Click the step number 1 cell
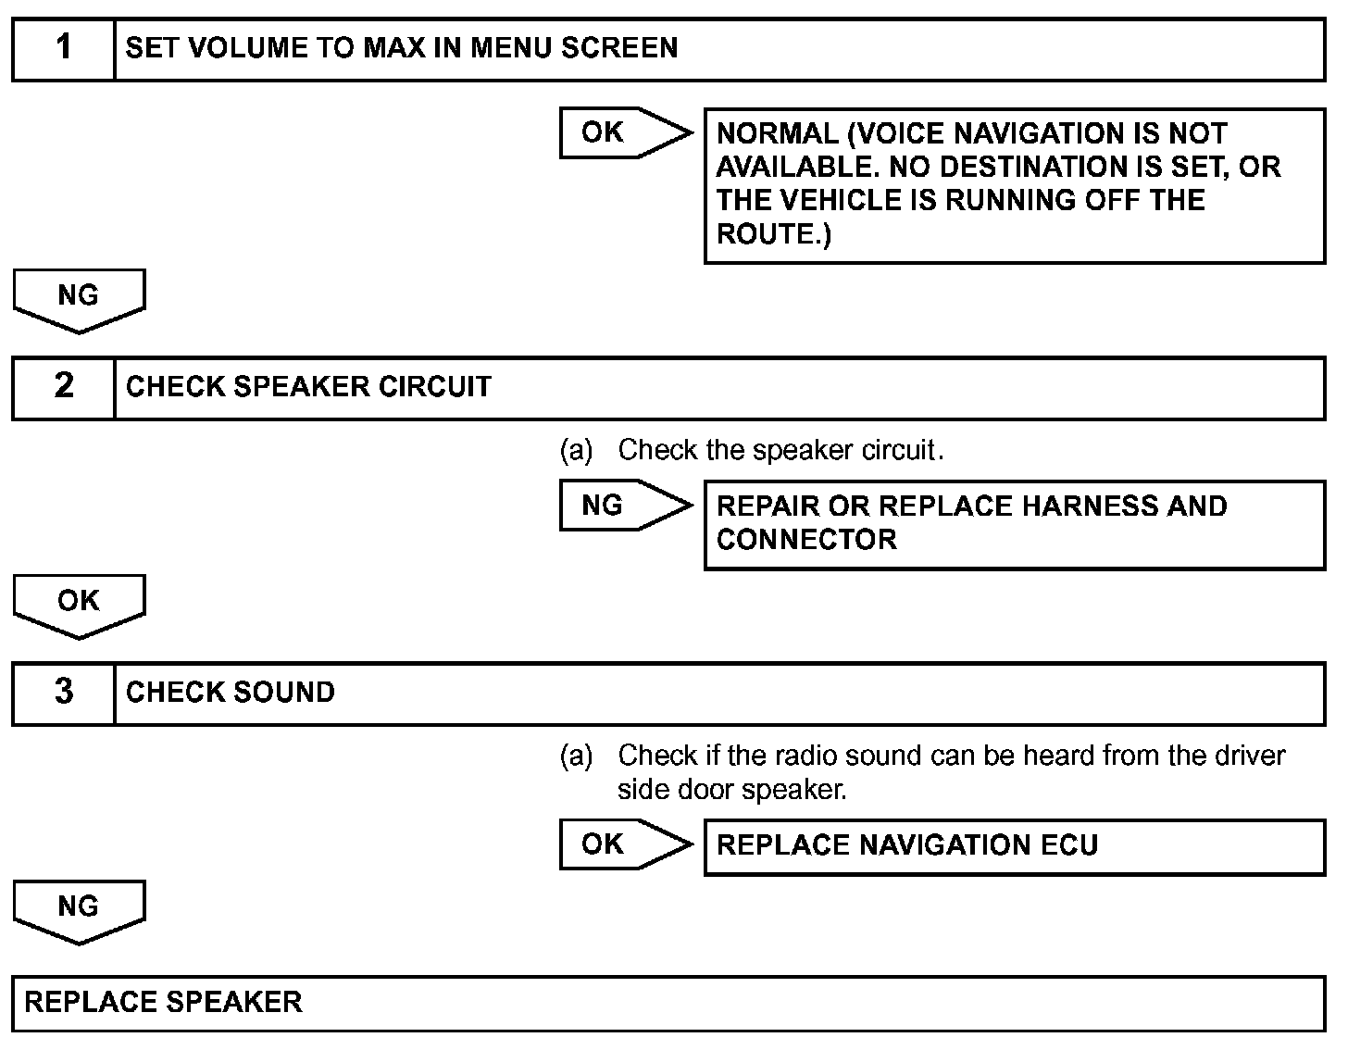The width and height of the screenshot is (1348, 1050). tap(63, 48)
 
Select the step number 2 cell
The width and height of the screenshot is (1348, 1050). tap(63, 387)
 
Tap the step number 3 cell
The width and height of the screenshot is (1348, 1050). tap(63, 693)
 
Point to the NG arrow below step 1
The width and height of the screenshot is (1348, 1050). tap(79, 298)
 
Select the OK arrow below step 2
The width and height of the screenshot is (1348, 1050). tap(79, 604)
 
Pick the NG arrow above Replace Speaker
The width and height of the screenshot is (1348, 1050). tap(79, 909)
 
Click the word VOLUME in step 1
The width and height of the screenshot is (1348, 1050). tap(239, 48)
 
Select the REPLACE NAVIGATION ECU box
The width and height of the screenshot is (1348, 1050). tap(1014, 846)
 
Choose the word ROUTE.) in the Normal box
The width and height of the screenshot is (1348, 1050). tap(774, 234)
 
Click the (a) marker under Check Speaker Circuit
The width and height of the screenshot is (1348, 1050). tap(576, 451)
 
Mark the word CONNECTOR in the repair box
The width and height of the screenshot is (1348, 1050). tap(806, 540)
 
